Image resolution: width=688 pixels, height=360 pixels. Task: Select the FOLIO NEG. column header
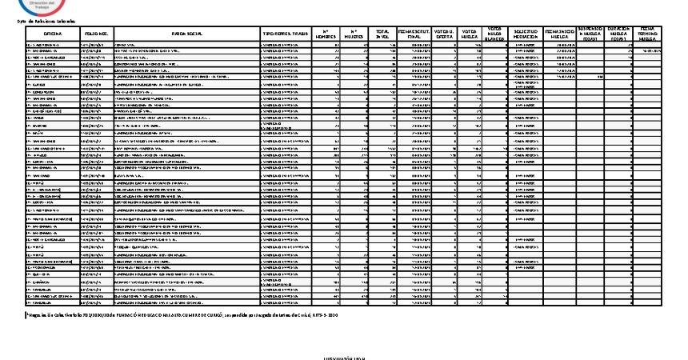tap(97, 34)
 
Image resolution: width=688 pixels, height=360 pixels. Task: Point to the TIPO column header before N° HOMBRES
tap(286, 34)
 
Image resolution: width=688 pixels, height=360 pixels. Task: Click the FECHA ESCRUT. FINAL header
tap(416, 34)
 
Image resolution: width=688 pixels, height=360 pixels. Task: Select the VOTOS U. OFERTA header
tap(446, 34)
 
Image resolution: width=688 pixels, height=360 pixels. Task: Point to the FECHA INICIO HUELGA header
tap(559, 34)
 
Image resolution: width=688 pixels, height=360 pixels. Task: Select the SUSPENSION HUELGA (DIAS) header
tap(590, 33)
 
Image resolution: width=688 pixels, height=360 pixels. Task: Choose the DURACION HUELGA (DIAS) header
tap(618, 33)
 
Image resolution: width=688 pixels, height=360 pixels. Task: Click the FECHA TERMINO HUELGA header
tap(649, 33)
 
